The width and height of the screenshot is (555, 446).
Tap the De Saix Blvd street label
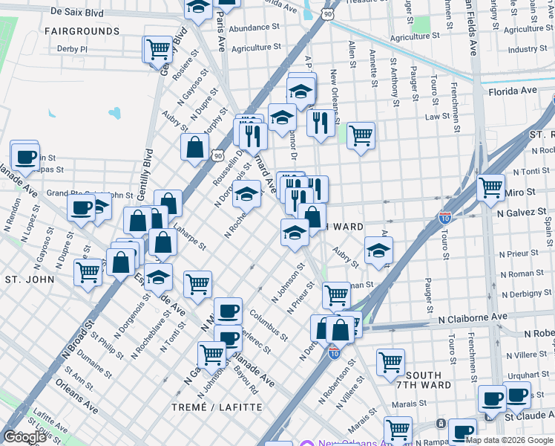pyautogui.click(x=76, y=13)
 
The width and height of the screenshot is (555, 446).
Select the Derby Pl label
pyautogui.click(x=72, y=49)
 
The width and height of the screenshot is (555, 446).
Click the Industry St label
pyautogui.click(x=528, y=49)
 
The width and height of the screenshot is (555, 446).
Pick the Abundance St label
pyautogui.click(x=254, y=28)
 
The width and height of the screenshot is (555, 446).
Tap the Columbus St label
pyautogui.click(x=269, y=325)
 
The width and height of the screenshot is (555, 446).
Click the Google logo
pyautogui.click(x=24, y=437)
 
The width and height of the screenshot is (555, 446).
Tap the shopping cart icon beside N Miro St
pyautogui.click(x=491, y=187)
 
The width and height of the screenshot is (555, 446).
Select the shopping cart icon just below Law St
pyautogui.click(x=361, y=135)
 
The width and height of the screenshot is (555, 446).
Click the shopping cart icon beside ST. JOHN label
pyautogui.click(x=88, y=272)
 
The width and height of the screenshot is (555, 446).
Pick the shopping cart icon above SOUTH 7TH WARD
pyautogui.click(x=390, y=362)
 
